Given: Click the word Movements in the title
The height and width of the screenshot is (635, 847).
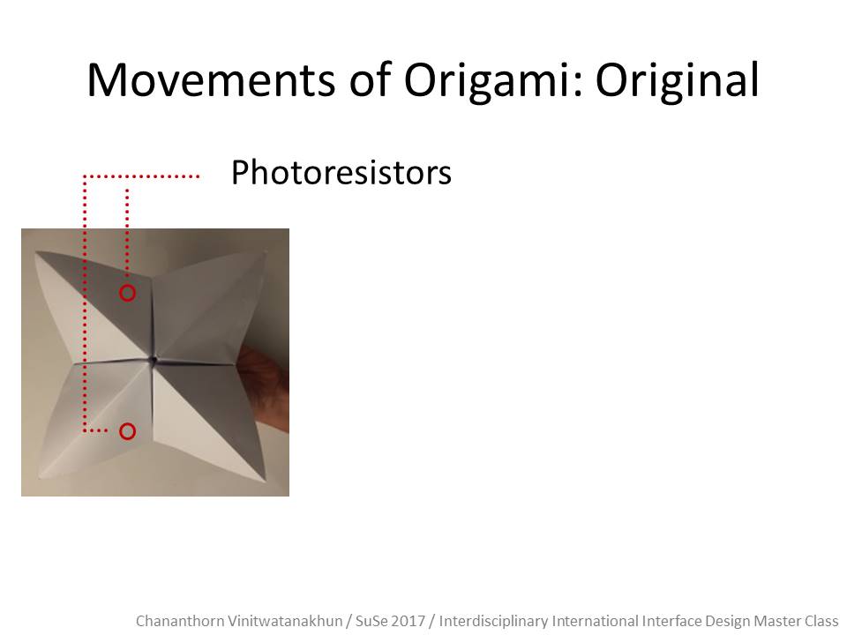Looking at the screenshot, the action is [x=211, y=80].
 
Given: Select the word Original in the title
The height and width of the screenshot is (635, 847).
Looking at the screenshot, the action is [x=678, y=82].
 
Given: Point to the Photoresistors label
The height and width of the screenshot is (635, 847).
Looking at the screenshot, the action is [x=341, y=173].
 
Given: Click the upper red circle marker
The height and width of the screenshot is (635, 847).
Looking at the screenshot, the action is [x=127, y=286].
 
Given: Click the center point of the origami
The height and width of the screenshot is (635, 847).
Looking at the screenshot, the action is [x=154, y=360].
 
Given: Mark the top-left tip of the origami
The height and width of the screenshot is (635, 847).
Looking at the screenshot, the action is [x=36, y=252].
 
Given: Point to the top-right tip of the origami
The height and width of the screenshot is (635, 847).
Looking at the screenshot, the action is [x=266, y=251].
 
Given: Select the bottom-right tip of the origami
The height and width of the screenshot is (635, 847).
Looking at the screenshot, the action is [x=266, y=479].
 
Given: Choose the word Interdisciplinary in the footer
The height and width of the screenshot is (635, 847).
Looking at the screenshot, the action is [x=494, y=621].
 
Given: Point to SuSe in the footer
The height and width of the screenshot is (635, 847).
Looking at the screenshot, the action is [x=370, y=621].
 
